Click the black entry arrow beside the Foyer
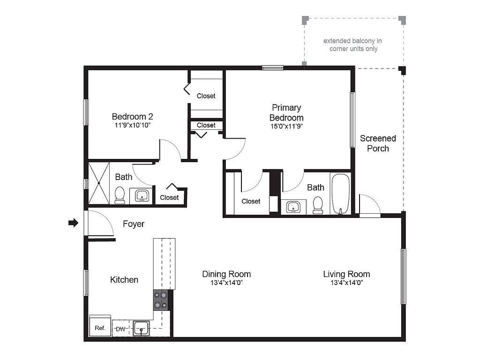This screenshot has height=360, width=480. [73, 223]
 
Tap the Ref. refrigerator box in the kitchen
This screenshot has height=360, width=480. [100, 327]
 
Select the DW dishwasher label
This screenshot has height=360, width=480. [120, 329]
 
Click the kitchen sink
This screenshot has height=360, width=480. [141, 328]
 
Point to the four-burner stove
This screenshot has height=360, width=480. [161, 300]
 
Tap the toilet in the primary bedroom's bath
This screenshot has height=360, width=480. [318, 204]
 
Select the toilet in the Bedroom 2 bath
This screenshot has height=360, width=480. [120, 195]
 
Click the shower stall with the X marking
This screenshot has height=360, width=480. [99, 183]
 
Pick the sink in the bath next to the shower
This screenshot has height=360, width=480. [142, 195]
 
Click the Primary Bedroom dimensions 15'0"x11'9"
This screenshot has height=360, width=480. [286, 126]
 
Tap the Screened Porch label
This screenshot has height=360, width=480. [378, 143]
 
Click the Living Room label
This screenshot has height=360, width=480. [346, 274]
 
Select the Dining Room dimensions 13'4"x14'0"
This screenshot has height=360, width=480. [226, 283]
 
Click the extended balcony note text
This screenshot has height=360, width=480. [352, 45]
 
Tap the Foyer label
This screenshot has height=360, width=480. [134, 224]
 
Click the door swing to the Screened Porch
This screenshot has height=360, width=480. [369, 204]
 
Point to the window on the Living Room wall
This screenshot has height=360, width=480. [403, 276]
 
